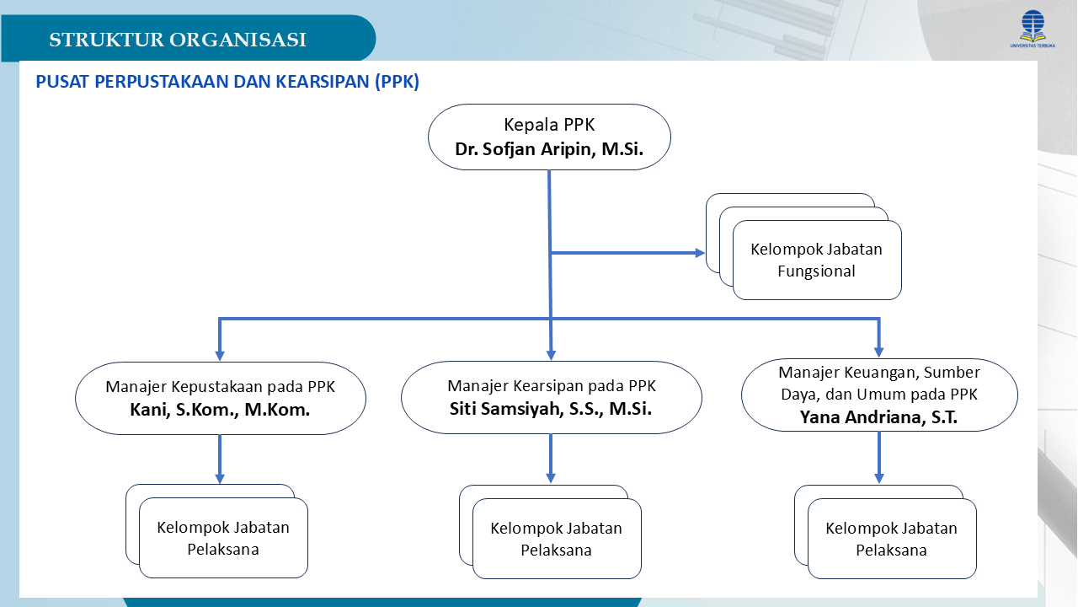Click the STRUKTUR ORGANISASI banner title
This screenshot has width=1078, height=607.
177,40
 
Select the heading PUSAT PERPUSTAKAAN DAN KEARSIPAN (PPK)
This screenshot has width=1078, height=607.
227,82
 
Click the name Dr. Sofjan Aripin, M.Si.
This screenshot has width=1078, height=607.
549,149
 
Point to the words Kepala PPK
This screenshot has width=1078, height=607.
549,125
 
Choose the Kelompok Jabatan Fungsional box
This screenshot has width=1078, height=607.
816,260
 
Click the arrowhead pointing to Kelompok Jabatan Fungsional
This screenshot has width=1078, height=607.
699,252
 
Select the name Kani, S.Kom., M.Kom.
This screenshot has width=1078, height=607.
220,411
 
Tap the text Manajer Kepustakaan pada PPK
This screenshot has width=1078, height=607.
220,387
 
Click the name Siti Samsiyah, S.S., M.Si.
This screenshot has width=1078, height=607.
551,410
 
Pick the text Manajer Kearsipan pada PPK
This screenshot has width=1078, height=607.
551,386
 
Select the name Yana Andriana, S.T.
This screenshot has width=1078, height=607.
878,416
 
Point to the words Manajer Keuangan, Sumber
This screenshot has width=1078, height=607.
878,372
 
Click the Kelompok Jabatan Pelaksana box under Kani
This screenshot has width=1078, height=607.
223,538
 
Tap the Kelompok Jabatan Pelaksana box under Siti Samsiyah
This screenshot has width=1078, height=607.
557,539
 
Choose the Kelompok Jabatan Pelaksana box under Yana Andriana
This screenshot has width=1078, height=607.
892,539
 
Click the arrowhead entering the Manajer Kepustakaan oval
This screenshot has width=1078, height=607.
220,353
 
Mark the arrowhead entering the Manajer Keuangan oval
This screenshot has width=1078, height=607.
879,352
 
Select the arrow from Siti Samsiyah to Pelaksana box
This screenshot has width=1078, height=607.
551,459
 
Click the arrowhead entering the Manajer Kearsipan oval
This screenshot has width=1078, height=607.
551,353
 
